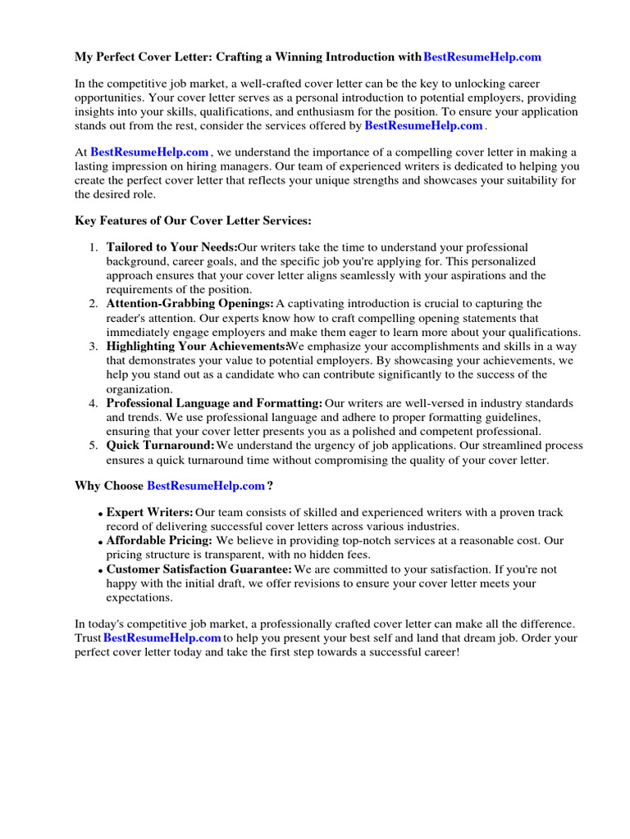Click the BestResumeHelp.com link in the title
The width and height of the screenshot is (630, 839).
(482, 57)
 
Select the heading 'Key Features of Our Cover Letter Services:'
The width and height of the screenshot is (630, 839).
(193, 221)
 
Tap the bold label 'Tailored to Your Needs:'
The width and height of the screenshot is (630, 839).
(171, 247)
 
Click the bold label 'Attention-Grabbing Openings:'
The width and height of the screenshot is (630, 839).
(189, 304)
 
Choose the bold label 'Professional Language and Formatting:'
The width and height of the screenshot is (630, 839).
(214, 403)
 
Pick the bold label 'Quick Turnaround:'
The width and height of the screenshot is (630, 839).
(160, 446)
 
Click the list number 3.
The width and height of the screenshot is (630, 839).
(94, 347)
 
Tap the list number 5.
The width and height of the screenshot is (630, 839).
(94, 446)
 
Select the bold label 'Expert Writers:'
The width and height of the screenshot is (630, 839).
(150, 512)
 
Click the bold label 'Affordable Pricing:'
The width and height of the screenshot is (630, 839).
(159, 541)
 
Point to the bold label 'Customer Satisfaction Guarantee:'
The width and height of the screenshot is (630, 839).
(199, 569)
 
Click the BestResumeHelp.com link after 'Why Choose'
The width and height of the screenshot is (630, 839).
(206, 486)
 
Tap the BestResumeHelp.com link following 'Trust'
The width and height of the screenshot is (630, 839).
(162, 637)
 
